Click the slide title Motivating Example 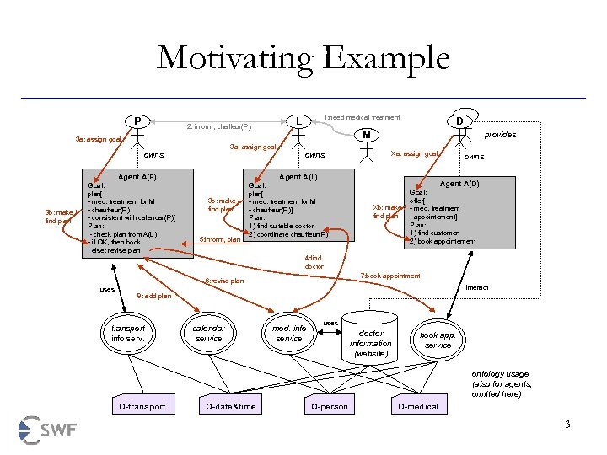(303, 59)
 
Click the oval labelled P (137, 120)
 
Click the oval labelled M (366, 134)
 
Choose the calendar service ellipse (208, 334)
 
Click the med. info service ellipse (289, 334)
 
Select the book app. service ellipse (438, 340)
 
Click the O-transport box (142, 407)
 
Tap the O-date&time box (230, 407)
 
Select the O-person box (328, 407)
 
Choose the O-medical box (418, 407)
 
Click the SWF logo (48, 430)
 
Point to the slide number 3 (567, 424)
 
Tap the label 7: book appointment (390, 276)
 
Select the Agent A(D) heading (459, 184)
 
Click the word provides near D (500, 135)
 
